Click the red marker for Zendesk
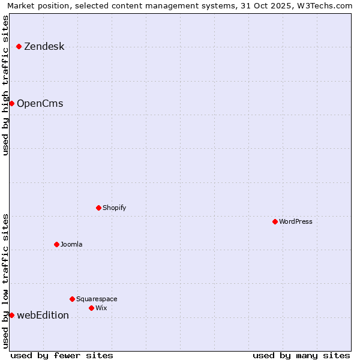tap(19, 46)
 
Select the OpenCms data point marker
tap(11, 103)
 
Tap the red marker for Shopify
tap(98, 208)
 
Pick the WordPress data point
tap(275, 221)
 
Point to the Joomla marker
tap(56, 244)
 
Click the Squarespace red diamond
tap(72, 299)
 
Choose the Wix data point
tap(91, 308)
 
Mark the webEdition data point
tap(11, 315)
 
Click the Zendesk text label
tap(44, 46)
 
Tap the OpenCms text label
tap(40, 103)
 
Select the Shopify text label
tap(114, 208)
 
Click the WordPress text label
tap(295, 221)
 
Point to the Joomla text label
tap(71, 244)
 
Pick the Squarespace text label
tap(97, 299)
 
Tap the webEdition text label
tap(43, 315)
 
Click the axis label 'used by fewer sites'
tap(62, 355)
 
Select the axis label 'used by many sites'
tap(301, 355)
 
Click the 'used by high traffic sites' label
tap(5, 85)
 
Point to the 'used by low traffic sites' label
tap(5, 281)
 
